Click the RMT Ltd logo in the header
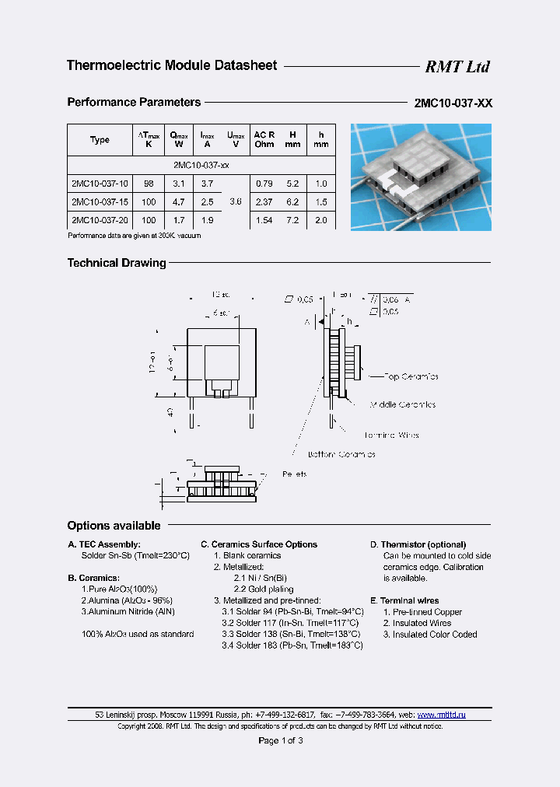(457, 67)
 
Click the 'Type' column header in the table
(100, 140)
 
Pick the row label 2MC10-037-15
(100, 202)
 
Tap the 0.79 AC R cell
(264, 184)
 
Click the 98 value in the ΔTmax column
(149, 184)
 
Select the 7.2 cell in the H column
(292, 221)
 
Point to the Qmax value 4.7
(179, 202)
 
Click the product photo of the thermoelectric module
(421, 177)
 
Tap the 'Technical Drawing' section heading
(117, 263)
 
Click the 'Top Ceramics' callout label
(411, 376)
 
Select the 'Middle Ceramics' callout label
(402, 404)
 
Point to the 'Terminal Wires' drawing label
(391, 435)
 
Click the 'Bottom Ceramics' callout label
(341, 454)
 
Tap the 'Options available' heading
(114, 526)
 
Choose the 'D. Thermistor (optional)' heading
(418, 544)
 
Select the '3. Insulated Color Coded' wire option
(430, 635)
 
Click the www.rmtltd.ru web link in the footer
(442, 714)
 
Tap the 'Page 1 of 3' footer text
(281, 740)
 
